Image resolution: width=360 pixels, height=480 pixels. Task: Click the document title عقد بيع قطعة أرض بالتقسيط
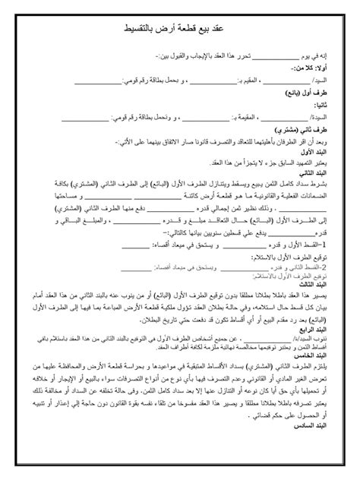pyautogui.click(x=179, y=30)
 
